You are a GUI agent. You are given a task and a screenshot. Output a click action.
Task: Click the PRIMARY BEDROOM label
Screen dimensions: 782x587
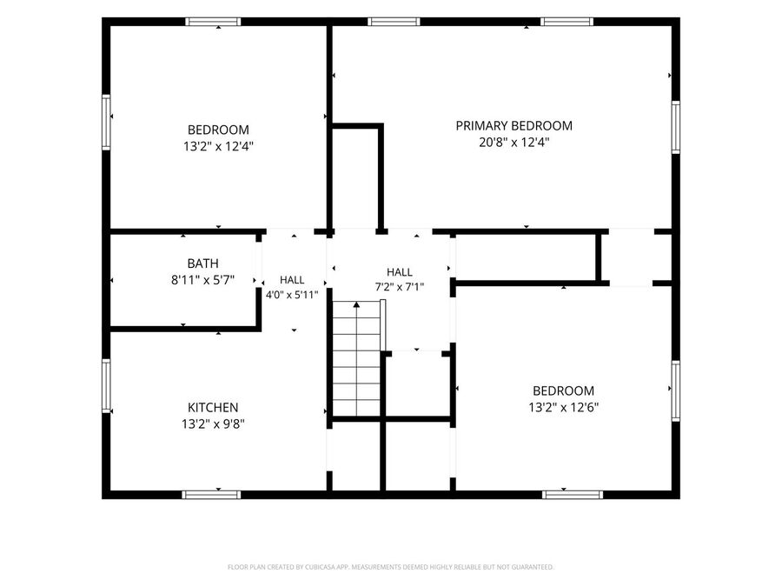pyautogui.click(x=514, y=126)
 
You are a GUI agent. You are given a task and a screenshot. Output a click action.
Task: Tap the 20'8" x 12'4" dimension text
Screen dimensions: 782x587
pyautogui.click(x=514, y=143)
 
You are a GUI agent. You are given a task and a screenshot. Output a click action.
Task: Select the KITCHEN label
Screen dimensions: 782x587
pyautogui.click(x=213, y=407)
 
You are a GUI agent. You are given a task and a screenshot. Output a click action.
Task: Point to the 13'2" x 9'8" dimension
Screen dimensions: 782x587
pyautogui.click(x=213, y=424)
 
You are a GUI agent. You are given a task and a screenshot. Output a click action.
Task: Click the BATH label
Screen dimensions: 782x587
pyautogui.click(x=203, y=263)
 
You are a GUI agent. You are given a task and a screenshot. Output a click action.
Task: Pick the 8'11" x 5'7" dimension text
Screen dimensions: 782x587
pyautogui.click(x=203, y=280)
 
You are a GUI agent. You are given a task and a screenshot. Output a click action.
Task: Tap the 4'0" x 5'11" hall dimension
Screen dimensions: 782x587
pyautogui.click(x=292, y=295)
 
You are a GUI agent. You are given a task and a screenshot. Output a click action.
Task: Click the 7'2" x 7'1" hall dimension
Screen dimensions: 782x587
pyautogui.click(x=400, y=287)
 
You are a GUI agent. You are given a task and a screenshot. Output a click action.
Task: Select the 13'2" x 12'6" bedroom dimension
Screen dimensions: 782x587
pyautogui.click(x=564, y=407)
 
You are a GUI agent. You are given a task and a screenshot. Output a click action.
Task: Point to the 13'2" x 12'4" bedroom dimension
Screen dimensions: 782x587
pyautogui.click(x=218, y=146)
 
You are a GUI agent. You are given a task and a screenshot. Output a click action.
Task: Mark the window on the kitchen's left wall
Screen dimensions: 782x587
pyautogui.click(x=106, y=386)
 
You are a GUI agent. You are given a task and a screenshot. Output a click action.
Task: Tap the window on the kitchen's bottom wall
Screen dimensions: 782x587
pyautogui.click(x=211, y=495)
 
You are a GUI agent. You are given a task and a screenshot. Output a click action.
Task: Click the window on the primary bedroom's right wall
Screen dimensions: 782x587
pyautogui.click(x=676, y=127)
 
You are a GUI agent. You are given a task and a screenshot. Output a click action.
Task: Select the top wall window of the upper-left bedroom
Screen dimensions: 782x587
pyautogui.click(x=213, y=22)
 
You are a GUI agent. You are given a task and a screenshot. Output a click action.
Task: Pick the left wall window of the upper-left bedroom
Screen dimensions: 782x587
pyautogui.click(x=106, y=122)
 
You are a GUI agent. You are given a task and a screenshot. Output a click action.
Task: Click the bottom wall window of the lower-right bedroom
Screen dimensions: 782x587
pyautogui.click(x=573, y=495)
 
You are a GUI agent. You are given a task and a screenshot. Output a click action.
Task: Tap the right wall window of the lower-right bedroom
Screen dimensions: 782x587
pyautogui.click(x=676, y=390)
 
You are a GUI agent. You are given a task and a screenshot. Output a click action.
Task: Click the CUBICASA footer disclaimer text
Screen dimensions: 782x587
pyautogui.click(x=390, y=567)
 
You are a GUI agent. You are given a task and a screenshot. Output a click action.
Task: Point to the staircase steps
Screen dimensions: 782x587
pyautogui.click(x=356, y=357)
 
